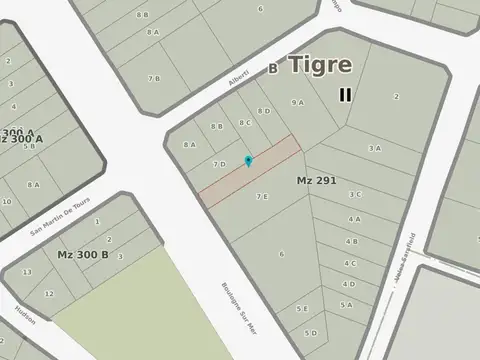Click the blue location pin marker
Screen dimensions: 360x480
click(x=249, y=160)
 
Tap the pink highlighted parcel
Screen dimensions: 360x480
click(x=250, y=172)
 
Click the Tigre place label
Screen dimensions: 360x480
click(x=320, y=65)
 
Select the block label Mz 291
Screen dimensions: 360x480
click(x=316, y=180)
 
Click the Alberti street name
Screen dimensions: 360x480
click(x=238, y=76)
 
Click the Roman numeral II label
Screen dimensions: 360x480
click(x=345, y=95)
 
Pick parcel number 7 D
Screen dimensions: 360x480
click(x=219, y=164)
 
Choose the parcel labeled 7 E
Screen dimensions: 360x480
click(x=262, y=196)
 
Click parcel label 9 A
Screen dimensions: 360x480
click(x=297, y=102)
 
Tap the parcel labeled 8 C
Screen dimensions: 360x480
click(x=245, y=122)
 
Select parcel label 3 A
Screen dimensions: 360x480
click(x=374, y=148)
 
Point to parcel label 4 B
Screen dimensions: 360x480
click(x=352, y=241)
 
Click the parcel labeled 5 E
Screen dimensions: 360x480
click(x=302, y=309)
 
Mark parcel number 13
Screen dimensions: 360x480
click(x=27, y=272)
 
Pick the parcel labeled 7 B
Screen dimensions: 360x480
click(x=154, y=78)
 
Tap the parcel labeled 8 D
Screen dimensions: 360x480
click(x=264, y=111)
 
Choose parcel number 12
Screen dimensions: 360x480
click(x=49, y=294)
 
